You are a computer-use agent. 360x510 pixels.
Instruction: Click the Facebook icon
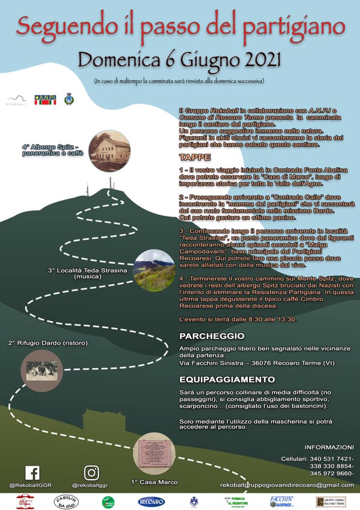pos(32,473)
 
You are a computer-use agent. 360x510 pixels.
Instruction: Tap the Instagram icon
pos(91,473)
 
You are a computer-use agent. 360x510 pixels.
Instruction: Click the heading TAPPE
pos(195,157)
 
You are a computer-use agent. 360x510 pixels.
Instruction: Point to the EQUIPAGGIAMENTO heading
pos(227,379)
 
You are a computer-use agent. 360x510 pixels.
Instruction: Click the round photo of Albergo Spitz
pos(109,151)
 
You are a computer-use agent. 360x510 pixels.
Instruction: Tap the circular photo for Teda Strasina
pos(154,270)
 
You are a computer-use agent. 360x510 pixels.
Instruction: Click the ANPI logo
pos(45,99)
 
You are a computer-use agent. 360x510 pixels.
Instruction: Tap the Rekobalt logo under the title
pos(16,100)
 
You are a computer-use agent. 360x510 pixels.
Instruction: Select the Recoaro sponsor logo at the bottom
pos(151,501)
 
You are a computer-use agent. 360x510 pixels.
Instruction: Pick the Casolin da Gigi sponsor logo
pos(66,501)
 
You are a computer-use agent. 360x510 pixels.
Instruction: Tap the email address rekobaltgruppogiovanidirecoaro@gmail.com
pos(287,485)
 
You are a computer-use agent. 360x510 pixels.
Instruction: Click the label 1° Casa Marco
pos(154,482)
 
